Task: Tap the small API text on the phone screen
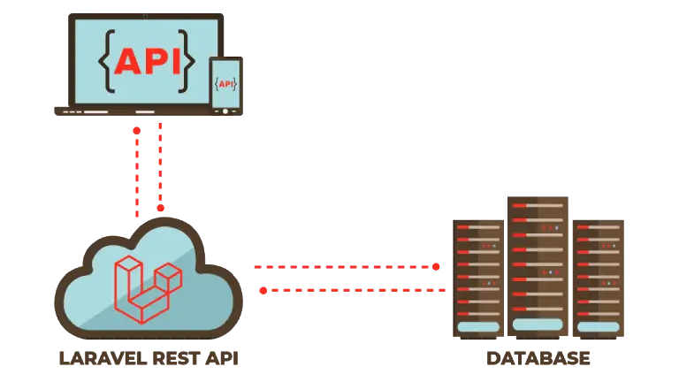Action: [x=227, y=84]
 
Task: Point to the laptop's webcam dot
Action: [x=146, y=15]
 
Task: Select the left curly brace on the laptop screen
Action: [x=105, y=61]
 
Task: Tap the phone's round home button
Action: [x=226, y=111]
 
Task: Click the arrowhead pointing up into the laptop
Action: [x=136, y=130]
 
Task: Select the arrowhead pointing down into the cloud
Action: [x=160, y=207]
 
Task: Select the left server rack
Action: [x=477, y=279]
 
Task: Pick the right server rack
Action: [x=601, y=279]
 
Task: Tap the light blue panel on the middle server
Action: [x=538, y=324]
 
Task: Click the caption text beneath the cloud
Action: [x=149, y=357]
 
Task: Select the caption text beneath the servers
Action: [x=538, y=357]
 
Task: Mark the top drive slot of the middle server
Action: [x=538, y=206]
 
